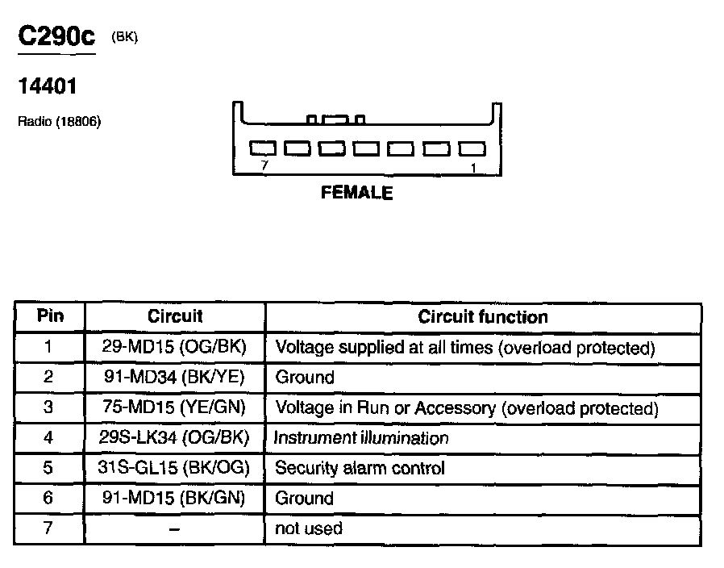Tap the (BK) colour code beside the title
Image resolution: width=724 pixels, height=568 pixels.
pos(125,38)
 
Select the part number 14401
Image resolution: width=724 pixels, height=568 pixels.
pos(47,86)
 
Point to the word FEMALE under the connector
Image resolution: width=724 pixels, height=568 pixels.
pos(356,194)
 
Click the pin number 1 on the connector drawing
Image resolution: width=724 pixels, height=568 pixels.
pos(473,166)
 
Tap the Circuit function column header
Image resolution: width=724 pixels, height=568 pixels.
pos(482,317)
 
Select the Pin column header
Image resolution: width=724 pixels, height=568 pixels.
pos(50,316)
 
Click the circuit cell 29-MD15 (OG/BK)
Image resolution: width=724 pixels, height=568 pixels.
pos(174,347)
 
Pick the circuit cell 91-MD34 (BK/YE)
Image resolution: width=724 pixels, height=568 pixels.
pos(174,377)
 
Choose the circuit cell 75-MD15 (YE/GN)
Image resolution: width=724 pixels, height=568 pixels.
pos(174,407)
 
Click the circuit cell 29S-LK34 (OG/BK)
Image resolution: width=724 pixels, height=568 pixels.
pos(174,437)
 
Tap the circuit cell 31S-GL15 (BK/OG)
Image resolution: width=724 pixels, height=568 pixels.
pos(174,468)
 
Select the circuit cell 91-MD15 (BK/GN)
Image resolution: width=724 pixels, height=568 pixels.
pos(174,498)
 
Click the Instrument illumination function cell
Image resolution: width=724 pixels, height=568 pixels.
pos(361,438)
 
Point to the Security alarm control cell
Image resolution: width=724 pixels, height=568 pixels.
pos(360,468)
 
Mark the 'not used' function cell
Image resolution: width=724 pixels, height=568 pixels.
pos(309,528)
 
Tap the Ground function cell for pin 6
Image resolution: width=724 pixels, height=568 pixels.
pos(305,498)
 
